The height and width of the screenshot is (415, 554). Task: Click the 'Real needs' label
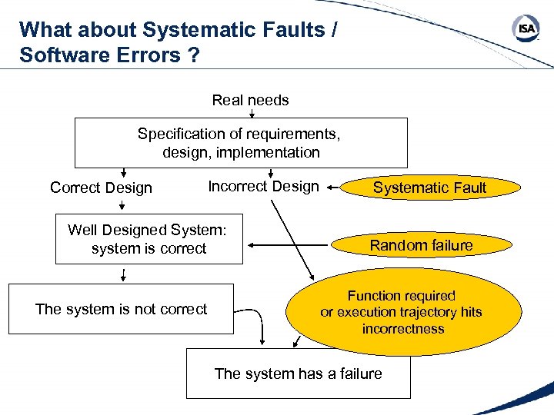pyautogui.click(x=250, y=100)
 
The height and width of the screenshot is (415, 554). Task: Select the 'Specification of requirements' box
pyautogui.click(x=241, y=143)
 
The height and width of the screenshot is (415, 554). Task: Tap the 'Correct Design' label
pyautogui.click(x=101, y=188)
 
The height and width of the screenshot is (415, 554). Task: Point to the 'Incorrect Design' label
pyautogui.click(x=263, y=186)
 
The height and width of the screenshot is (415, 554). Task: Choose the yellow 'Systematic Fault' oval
pyautogui.click(x=429, y=187)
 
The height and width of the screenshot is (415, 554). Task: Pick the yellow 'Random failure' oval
pyautogui.click(x=421, y=245)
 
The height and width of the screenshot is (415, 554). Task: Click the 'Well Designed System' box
pyautogui.click(x=149, y=240)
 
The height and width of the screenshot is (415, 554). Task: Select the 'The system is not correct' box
pyautogui.click(x=121, y=309)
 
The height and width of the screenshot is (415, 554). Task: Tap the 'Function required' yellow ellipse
pyautogui.click(x=401, y=311)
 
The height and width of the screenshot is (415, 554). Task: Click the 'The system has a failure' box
pyautogui.click(x=298, y=373)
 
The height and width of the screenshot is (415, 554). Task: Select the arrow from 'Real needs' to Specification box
pyautogui.click(x=252, y=115)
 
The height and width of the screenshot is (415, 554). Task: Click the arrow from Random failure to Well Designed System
pyautogui.click(x=285, y=246)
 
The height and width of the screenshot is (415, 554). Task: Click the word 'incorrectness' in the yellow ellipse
pyautogui.click(x=403, y=329)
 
